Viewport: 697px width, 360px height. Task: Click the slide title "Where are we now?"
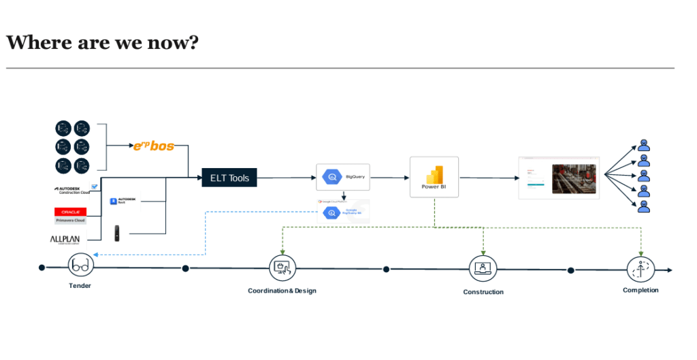tap(102, 42)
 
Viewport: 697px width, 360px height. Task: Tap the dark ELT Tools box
tap(229, 178)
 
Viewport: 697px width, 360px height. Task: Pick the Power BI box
tap(434, 177)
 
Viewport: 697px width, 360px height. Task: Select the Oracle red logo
tap(71, 212)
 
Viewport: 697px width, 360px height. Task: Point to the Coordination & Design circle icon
tap(282, 268)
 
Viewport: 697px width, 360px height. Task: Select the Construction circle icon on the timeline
tap(483, 269)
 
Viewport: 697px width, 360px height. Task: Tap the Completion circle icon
tap(641, 269)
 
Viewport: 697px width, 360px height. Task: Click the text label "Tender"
tap(80, 286)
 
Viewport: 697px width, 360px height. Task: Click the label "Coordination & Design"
tap(282, 291)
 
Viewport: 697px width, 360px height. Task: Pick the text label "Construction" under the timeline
tap(483, 292)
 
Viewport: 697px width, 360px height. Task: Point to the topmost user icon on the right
tap(644, 144)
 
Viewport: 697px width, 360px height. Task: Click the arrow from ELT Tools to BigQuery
tap(286, 178)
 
